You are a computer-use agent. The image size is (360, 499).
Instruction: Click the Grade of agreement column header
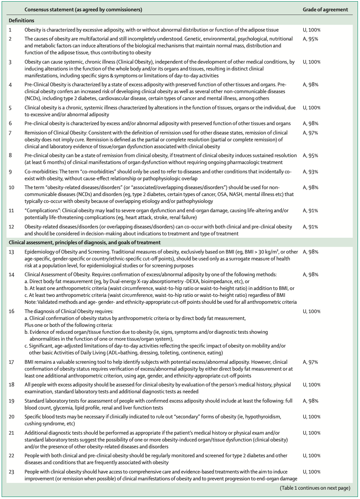click(325, 10)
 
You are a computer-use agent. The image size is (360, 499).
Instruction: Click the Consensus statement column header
click(83, 10)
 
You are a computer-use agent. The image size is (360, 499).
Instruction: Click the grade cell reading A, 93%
click(311, 172)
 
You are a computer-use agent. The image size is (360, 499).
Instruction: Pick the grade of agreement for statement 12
click(311, 227)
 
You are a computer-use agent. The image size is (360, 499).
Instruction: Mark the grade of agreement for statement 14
click(311, 275)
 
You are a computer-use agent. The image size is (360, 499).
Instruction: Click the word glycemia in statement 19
click(56, 407)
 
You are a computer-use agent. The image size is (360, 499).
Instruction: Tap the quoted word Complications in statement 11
click(40, 211)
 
